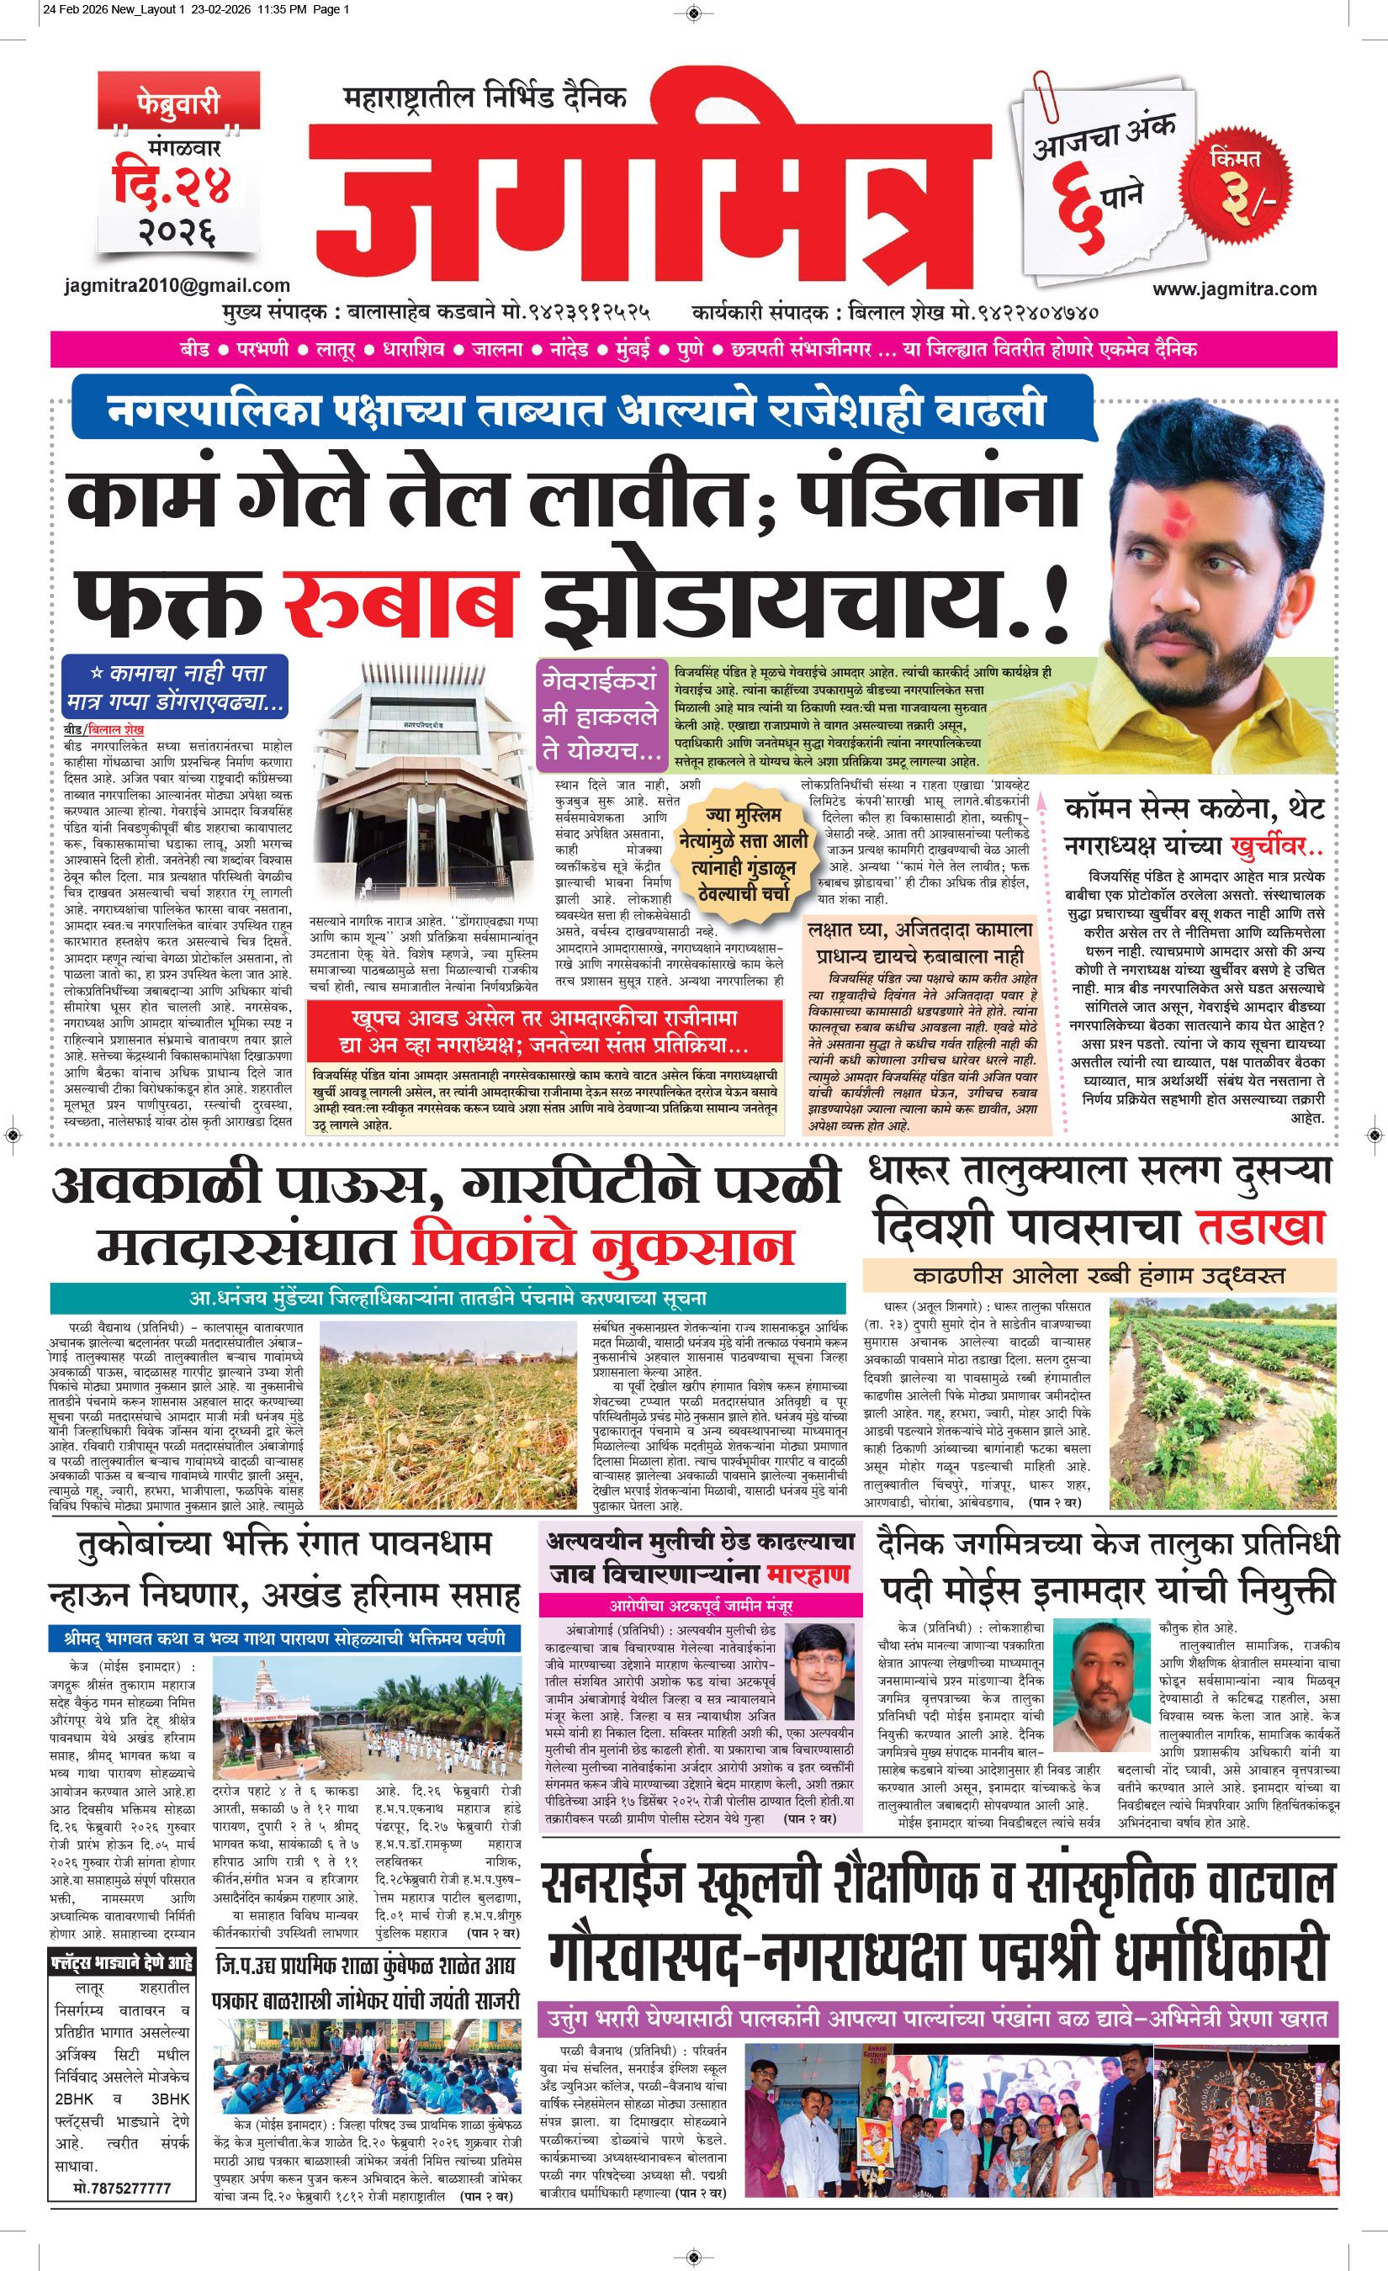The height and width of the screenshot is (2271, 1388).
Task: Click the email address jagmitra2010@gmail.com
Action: click(177, 286)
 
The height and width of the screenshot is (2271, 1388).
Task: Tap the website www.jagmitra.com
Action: click(1234, 289)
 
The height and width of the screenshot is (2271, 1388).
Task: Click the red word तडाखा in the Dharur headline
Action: click(1263, 1225)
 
